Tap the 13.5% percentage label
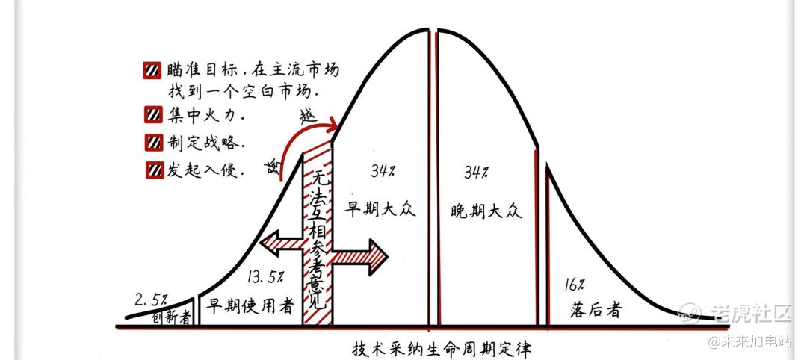pyautogui.click(x=265, y=277)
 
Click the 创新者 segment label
pyautogui.click(x=172, y=318)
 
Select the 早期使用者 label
pyautogui.click(x=250, y=306)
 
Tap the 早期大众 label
pyautogui.click(x=380, y=211)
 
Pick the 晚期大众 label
pyautogui.click(x=486, y=211)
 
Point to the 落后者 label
pyautogui.click(x=596, y=310)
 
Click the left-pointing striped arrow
pyautogui.click(x=282, y=243)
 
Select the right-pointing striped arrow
pyautogui.click(x=359, y=256)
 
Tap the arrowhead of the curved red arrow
pyautogui.click(x=332, y=125)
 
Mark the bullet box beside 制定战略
pyautogui.click(x=153, y=143)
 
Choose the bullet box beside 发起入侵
pyautogui.click(x=153, y=170)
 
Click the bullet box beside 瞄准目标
pyautogui.click(x=152, y=70)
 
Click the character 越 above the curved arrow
pyautogui.click(x=308, y=117)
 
